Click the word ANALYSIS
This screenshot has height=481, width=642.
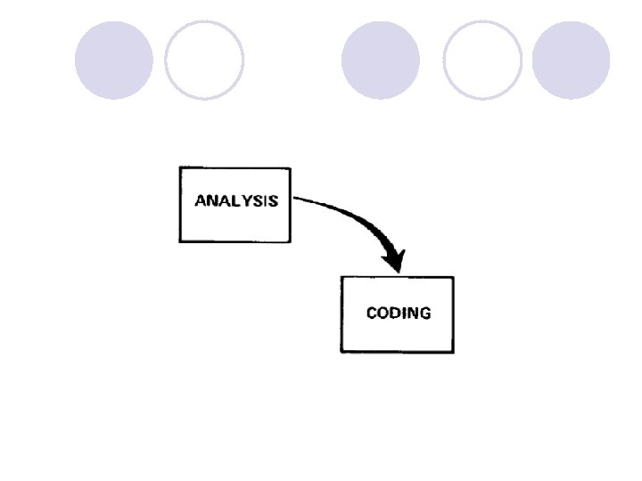click(x=236, y=200)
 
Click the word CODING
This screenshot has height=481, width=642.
click(x=399, y=313)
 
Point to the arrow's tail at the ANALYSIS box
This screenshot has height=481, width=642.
click(x=296, y=199)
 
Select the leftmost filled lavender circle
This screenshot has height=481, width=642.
click(x=113, y=61)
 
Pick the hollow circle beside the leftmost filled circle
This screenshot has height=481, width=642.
click(x=204, y=61)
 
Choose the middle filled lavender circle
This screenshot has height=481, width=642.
click(x=381, y=61)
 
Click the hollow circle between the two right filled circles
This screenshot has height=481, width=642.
click(x=482, y=61)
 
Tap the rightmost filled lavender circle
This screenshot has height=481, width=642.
click(x=571, y=61)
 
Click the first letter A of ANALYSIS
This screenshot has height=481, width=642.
click(x=201, y=200)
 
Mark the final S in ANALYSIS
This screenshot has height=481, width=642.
click(x=273, y=200)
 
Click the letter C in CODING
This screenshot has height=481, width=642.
click(x=373, y=313)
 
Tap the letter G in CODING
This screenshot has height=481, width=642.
click(x=424, y=313)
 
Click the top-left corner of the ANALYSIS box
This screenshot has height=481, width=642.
click(x=180, y=167)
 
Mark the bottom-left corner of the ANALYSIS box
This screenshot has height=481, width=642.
click(x=180, y=241)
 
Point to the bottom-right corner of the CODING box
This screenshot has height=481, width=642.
click(x=453, y=352)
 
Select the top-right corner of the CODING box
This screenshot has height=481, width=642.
click(x=453, y=277)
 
